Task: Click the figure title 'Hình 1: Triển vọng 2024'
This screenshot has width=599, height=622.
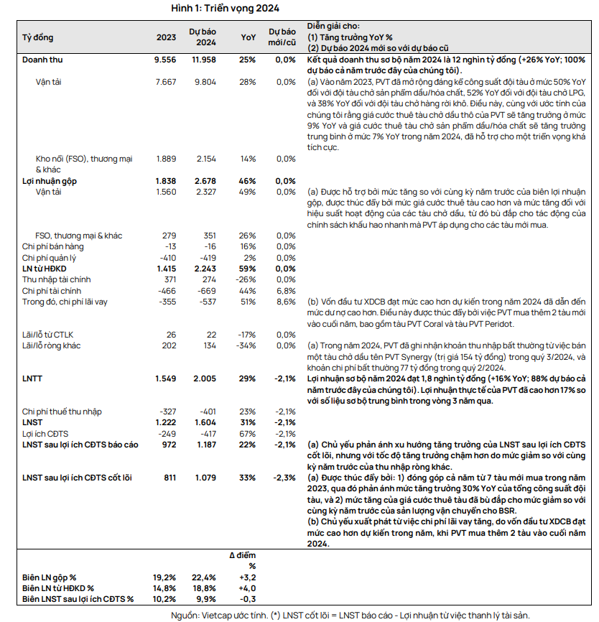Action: [x=225, y=8]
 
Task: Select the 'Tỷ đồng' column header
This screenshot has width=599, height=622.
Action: [x=38, y=37]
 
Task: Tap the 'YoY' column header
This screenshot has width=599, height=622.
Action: [x=248, y=37]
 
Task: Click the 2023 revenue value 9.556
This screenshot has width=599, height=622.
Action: [x=165, y=60]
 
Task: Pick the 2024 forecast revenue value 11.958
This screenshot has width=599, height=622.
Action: [x=203, y=60]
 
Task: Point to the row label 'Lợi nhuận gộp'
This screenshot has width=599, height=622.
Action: [x=50, y=181]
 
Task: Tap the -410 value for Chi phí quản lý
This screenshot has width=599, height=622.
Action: [x=167, y=257]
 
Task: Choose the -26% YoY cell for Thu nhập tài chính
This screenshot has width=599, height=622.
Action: [x=246, y=279]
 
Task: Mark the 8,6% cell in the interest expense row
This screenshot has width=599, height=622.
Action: [x=286, y=302]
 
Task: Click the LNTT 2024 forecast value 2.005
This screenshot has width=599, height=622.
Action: [x=205, y=378]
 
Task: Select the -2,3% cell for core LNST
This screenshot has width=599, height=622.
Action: [x=284, y=478]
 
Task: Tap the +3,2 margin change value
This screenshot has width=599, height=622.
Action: [x=246, y=577]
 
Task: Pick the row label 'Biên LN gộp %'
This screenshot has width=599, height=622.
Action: [x=49, y=577]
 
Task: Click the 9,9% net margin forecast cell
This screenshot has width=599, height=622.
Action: [x=206, y=598]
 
